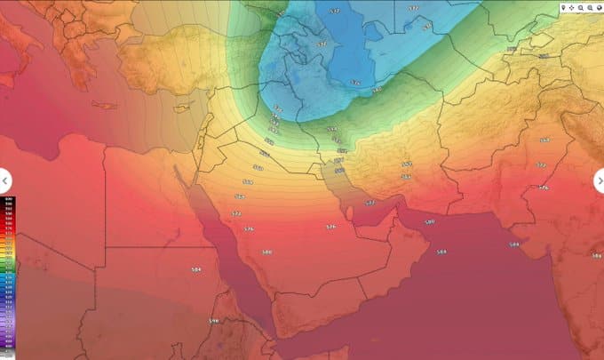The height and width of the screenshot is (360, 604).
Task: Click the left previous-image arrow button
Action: click(x=5, y=179)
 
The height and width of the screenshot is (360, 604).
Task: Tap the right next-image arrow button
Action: click(x=599, y=180)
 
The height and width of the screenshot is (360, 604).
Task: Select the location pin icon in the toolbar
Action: click(x=564, y=7)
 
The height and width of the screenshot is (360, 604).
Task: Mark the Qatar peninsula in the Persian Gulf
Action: click(x=349, y=212)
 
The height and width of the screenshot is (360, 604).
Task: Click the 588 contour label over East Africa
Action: click(x=213, y=320)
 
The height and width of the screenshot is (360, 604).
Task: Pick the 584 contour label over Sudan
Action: click(x=195, y=268)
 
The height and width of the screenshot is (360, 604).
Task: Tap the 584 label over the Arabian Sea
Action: click(x=441, y=252)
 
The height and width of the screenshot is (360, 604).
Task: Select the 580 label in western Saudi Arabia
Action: click(x=266, y=252)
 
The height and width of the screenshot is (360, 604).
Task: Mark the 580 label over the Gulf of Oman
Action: click(x=430, y=221)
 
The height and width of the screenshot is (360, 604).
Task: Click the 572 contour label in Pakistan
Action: click(x=540, y=166)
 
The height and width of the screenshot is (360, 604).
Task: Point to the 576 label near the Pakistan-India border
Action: click(x=544, y=188)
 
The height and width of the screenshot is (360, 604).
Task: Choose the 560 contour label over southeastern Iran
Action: click(x=407, y=164)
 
